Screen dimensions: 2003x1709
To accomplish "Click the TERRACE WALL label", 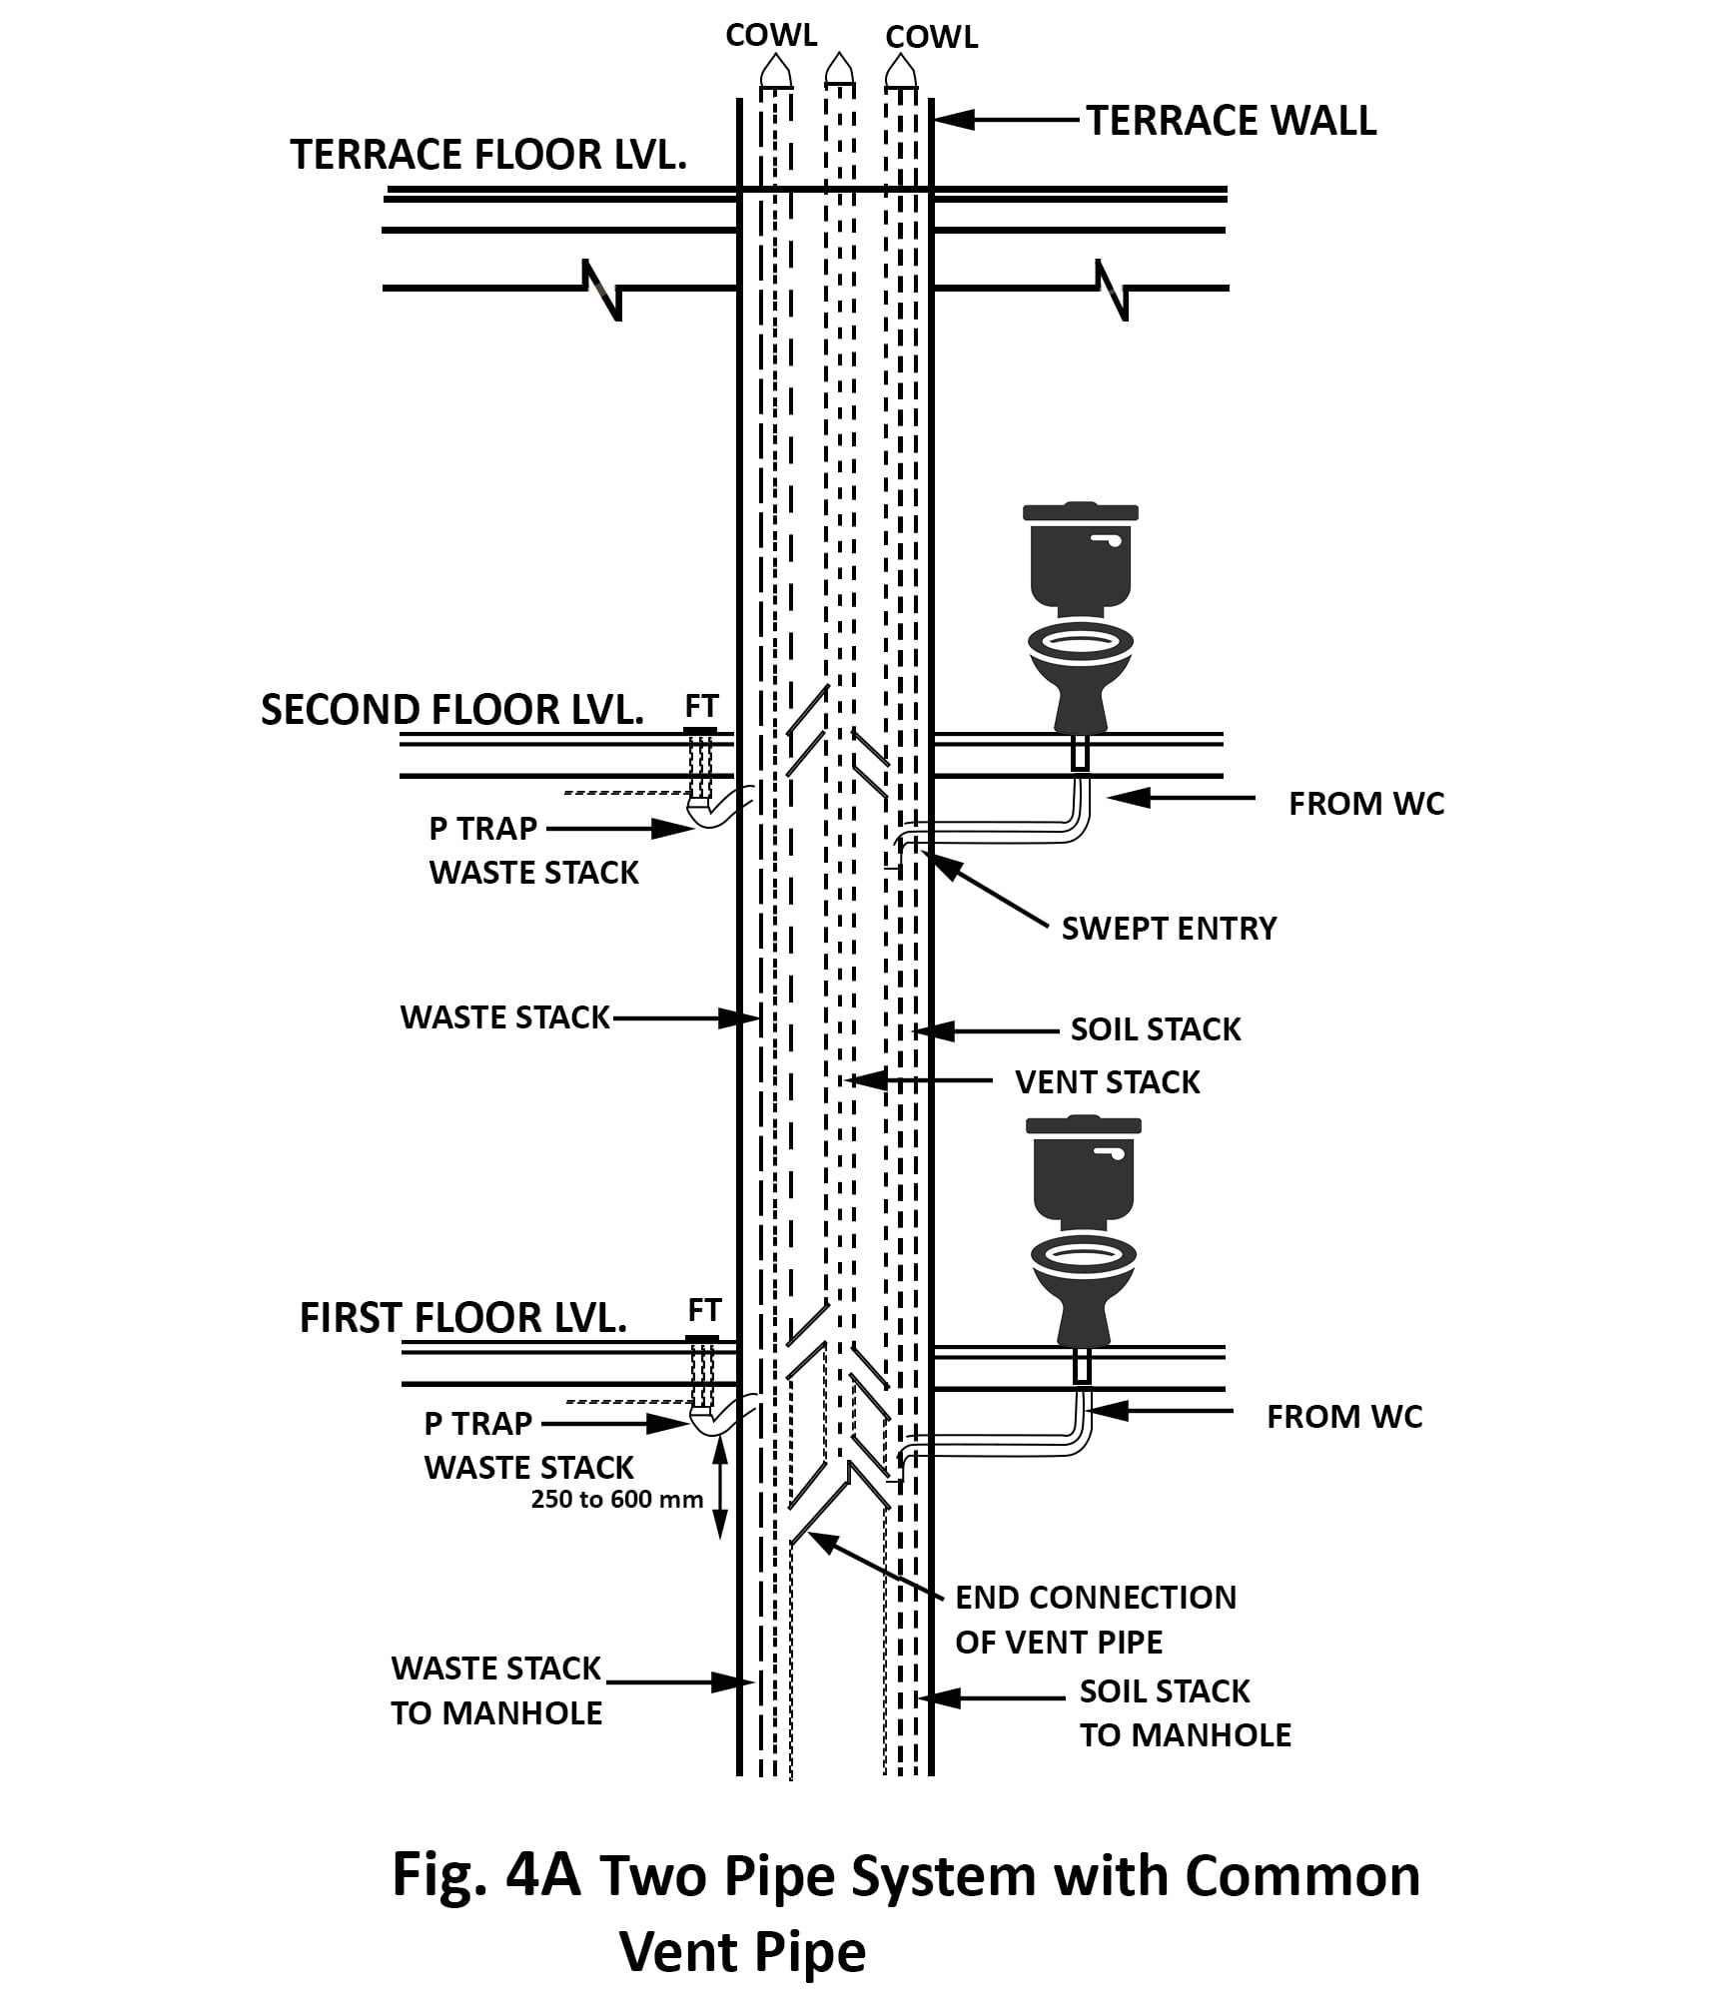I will pyautogui.click(x=1231, y=121).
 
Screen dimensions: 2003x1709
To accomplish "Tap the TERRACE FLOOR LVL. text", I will pyautogui.click(x=488, y=155).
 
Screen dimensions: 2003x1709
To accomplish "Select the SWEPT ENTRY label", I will pyautogui.click(x=1169, y=929).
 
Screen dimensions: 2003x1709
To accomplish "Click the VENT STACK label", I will pyautogui.click(x=1107, y=1082).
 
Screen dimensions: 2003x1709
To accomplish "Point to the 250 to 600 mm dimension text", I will pyautogui.click(x=616, y=1499).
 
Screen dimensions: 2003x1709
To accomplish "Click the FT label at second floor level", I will pyautogui.click(x=701, y=706).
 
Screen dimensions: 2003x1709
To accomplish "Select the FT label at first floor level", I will pyautogui.click(x=704, y=1309).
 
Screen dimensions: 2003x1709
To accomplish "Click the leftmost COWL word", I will pyautogui.click(x=771, y=36).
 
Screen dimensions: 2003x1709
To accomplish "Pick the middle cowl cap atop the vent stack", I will pyautogui.click(x=839, y=69).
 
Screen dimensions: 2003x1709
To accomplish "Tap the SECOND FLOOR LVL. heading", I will pyautogui.click(x=451, y=710).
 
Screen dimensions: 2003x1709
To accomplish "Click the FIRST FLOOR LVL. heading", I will pyautogui.click(x=462, y=1318).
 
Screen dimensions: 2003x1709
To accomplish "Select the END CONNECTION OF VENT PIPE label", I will pyautogui.click(x=1095, y=1619).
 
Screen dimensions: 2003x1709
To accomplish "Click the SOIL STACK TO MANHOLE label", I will pyautogui.click(x=1185, y=1712).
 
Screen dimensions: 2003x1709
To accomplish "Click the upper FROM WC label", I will pyautogui.click(x=1365, y=804).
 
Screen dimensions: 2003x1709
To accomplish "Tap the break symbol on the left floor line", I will pyautogui.click(x=602, y=290).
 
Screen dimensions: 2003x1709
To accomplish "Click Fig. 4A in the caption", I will pyautogui.click(x=486, y=1874).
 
